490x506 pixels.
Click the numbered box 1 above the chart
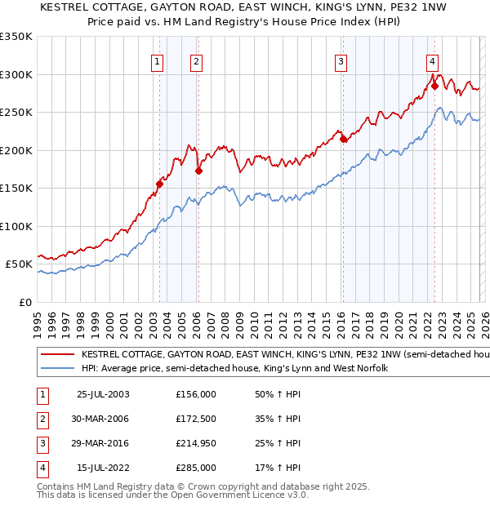coord(156,61)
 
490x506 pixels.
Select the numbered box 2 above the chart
coord(197,61)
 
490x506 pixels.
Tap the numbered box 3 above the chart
coord(341,61)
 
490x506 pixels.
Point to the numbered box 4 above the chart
coord(432,61)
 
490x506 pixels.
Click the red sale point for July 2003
coord(160,184)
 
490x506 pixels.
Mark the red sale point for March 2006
coord(198,171)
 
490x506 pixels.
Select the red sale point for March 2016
coord(343,140)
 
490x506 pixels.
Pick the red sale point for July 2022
coord(434,86)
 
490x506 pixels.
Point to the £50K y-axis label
coord(19,264)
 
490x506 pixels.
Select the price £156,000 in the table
coord(196,393)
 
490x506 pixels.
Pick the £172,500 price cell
coord(196,419)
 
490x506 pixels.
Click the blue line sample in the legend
coord(57,369)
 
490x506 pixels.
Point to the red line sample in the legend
coord(57,355)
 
